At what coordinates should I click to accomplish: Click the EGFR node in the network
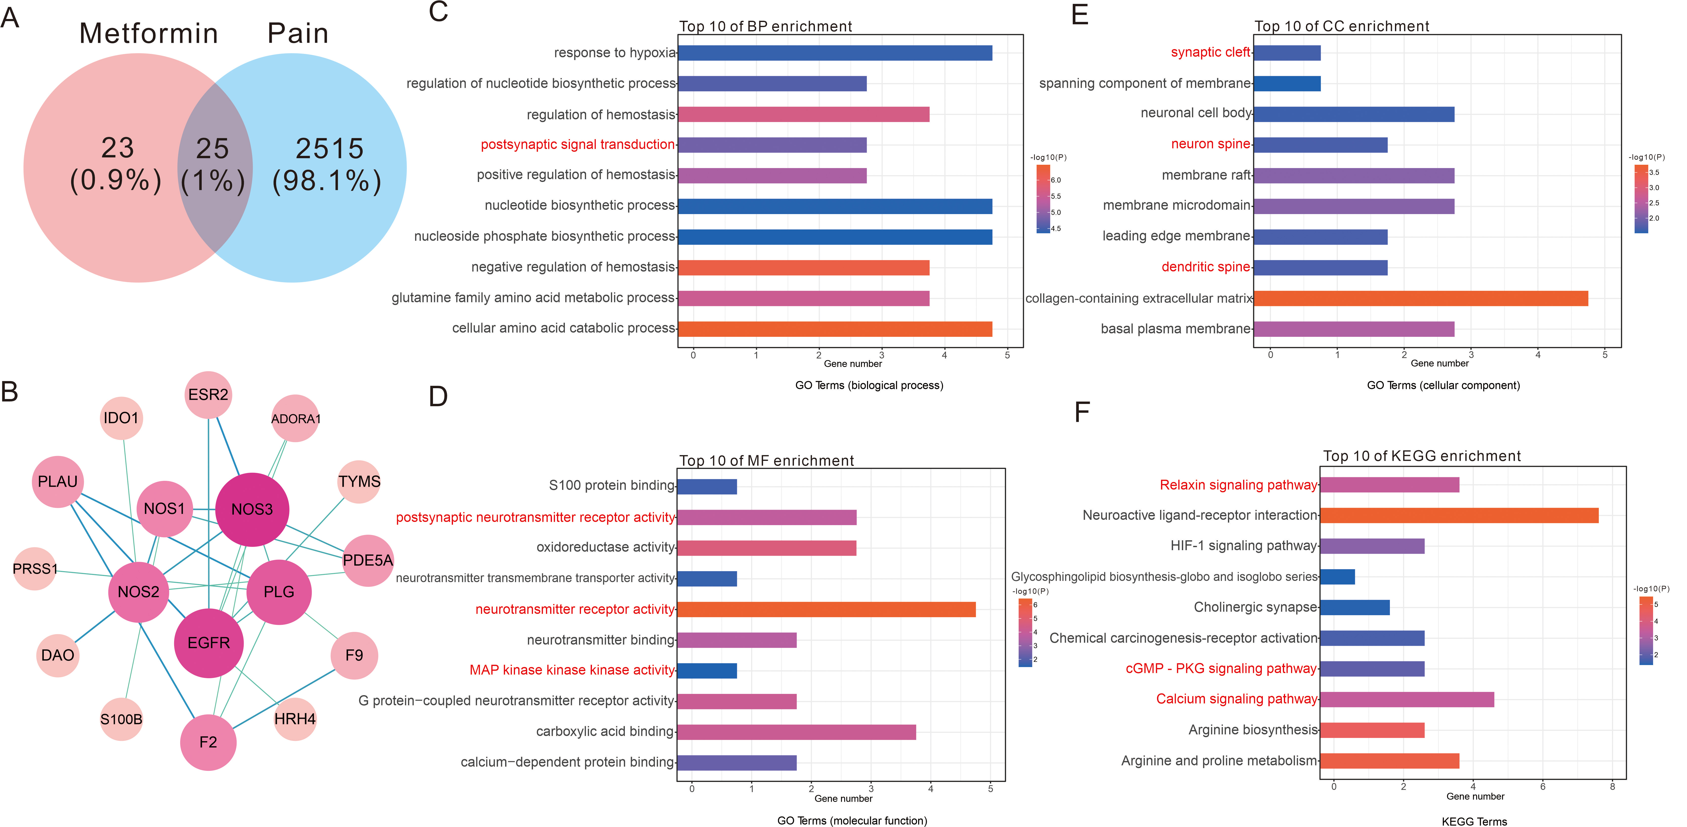(208, 643)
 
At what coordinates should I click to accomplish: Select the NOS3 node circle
(252, 509)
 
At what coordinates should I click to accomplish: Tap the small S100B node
(121, 719)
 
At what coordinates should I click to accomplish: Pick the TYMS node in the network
(359, 482)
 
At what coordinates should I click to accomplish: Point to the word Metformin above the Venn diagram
(149, 33)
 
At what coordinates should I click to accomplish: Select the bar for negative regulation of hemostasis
(804, 267)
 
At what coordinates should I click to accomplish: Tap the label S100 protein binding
(611, 485)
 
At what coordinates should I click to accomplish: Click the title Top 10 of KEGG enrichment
(1422, 456)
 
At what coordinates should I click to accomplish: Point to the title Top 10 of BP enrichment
(766, 26)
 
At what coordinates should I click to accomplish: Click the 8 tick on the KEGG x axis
(1612, 787)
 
